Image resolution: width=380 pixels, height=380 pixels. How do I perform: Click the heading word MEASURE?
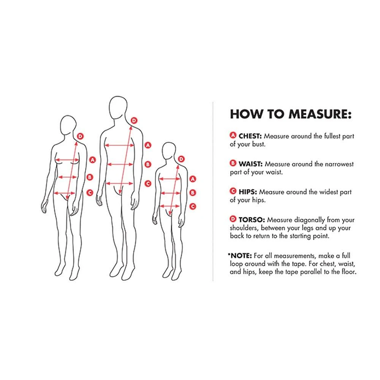coord(320,114)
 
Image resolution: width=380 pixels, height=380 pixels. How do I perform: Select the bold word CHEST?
coord(250,136)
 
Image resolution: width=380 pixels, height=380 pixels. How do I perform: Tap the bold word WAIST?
coord(250,164)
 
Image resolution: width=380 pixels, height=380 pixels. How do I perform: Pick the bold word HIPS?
coord(248,192)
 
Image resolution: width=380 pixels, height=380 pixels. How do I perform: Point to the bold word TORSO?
coord(252,220)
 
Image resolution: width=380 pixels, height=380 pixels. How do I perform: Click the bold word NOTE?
coord(241,256)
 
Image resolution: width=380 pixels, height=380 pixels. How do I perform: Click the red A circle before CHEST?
coord(233,135)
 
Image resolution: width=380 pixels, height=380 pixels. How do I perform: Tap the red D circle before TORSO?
coord(233,219)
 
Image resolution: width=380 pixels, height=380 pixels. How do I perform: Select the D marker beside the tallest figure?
coord(134,120)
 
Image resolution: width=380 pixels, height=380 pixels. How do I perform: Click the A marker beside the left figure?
coord(92,160)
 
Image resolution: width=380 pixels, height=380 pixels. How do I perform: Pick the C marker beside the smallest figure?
coord(193,206)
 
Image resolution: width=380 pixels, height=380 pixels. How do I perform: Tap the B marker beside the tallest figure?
coord(148,164)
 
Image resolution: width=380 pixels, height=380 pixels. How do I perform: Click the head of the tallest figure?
coord(118,108)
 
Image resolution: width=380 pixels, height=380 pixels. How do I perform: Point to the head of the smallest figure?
coord(169,151)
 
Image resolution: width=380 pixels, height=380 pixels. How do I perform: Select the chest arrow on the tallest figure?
coord(119,146)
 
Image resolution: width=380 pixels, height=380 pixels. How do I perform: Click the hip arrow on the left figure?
coord(65,193)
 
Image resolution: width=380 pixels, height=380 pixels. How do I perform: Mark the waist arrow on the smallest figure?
coord(171,193)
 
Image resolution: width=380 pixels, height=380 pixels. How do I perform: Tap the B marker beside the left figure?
coord(90,177)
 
